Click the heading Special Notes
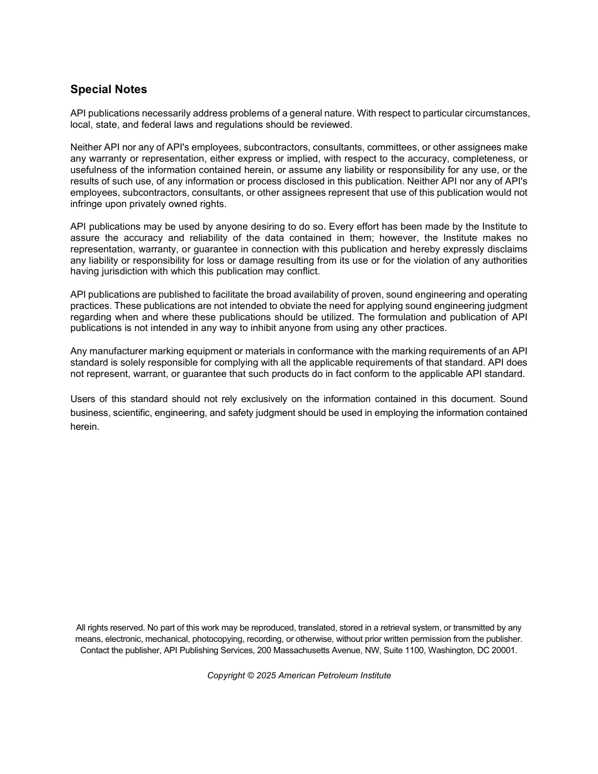pos(108,89)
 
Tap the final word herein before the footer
pos(85,427)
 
